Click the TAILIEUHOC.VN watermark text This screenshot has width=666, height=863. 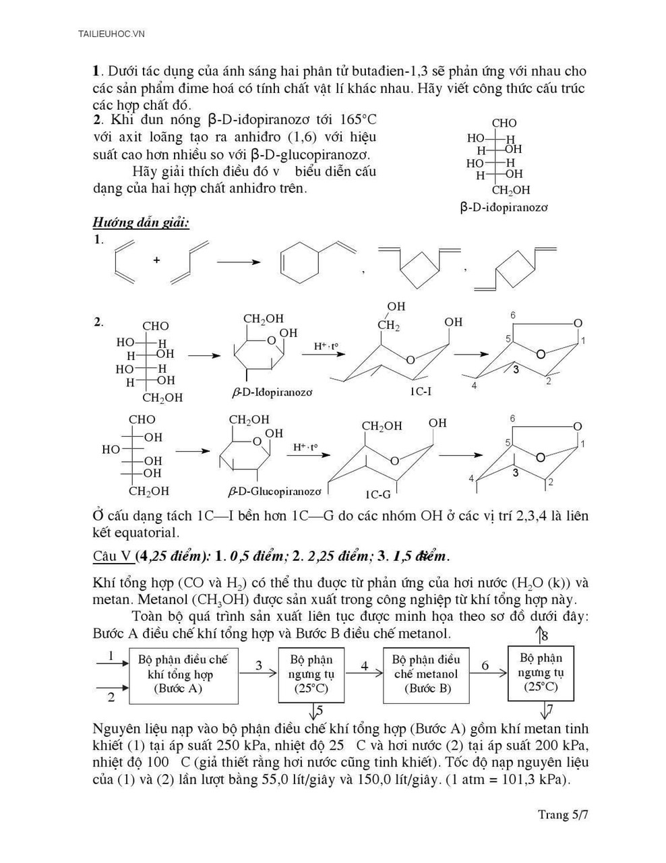111,33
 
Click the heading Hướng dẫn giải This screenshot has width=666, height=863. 141,222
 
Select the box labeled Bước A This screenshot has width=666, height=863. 183,674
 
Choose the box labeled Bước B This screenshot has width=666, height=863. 427,674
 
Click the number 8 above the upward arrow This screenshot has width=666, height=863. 545,635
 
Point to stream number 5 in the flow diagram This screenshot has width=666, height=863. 320,710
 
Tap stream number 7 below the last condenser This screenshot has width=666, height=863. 550,709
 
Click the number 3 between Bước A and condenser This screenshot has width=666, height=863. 259,666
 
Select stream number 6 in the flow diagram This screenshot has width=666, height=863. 485,666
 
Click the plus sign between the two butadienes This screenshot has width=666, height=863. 156,260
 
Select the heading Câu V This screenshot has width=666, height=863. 112,556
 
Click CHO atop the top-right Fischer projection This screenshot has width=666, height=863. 504,123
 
